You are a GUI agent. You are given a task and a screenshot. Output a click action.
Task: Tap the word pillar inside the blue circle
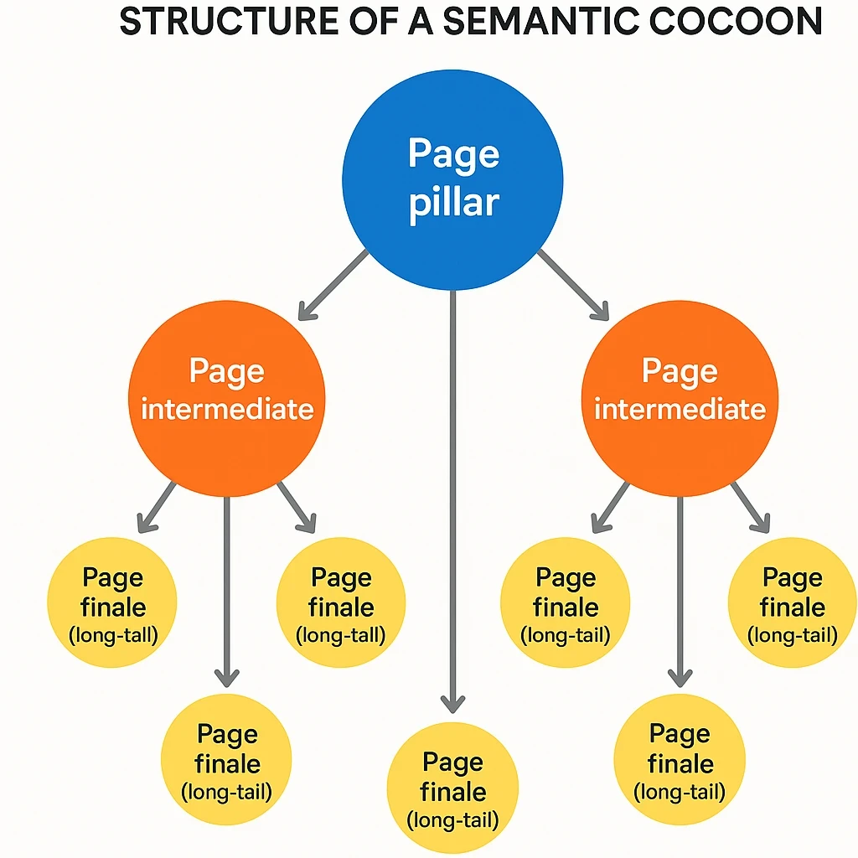click(453, 204)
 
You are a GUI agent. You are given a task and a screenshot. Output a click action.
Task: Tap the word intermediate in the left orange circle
click(227, 410)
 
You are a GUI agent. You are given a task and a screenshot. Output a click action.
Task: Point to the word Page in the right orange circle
click(680, 371)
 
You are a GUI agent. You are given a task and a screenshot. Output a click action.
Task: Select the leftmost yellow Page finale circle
click(112, 602)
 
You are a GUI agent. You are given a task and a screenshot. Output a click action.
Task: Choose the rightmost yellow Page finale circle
click(792, 602)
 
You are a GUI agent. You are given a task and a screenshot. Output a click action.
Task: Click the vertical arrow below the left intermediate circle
click(226, 587)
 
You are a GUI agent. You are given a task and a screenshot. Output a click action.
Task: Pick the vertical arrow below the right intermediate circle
click(680, 587)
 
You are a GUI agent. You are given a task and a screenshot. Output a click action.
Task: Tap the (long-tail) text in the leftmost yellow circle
click(112, 635)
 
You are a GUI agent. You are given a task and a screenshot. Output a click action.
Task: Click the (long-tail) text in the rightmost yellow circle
click(792, 635)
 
